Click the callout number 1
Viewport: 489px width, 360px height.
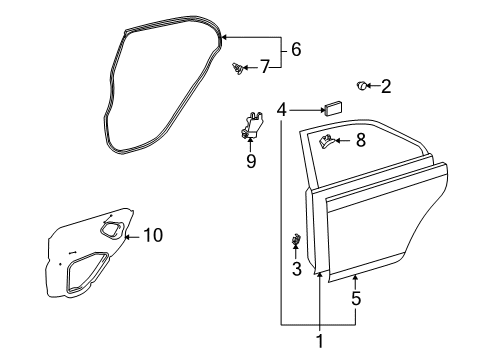click(320, 342)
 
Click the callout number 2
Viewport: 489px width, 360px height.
click(385, 87)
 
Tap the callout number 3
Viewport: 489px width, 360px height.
click(296, 268)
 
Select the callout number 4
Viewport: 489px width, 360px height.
click(283, 109)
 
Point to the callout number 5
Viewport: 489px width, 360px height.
click(356, 298)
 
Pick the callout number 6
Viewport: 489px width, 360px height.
click(295, 49)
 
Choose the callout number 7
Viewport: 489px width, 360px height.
click(264, 67)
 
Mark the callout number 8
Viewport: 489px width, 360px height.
click(360, 141)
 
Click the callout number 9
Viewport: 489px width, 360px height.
click(251, 160)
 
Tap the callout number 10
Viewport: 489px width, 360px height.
click(152, 235)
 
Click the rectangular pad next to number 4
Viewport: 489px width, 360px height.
click(332, 108)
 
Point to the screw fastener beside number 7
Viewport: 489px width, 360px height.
click(239, 69)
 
